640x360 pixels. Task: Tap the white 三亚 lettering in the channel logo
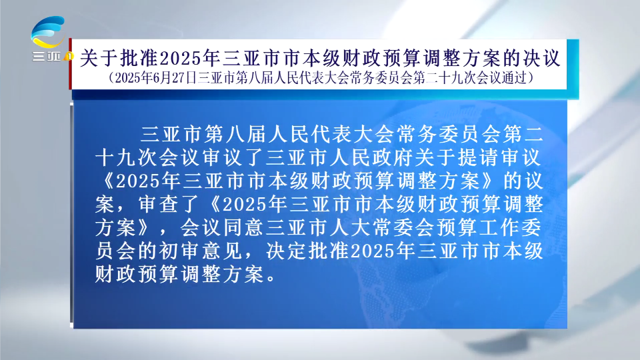pos(46,56)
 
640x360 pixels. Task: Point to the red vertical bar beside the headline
pos(70,64)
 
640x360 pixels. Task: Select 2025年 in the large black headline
pos(190,58)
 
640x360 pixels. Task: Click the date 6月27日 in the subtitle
pos(175,77)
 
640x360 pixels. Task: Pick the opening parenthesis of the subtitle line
pos(111,77)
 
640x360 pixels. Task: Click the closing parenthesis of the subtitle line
pos(531,77)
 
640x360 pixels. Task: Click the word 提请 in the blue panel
pos(479,157)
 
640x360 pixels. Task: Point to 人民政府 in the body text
pos(371,157)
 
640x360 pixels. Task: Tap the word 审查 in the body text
pos(159,204)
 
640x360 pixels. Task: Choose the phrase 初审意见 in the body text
pos(201,251)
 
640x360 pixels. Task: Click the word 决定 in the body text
pos(287,251)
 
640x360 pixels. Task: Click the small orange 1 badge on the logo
pos(69,56)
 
